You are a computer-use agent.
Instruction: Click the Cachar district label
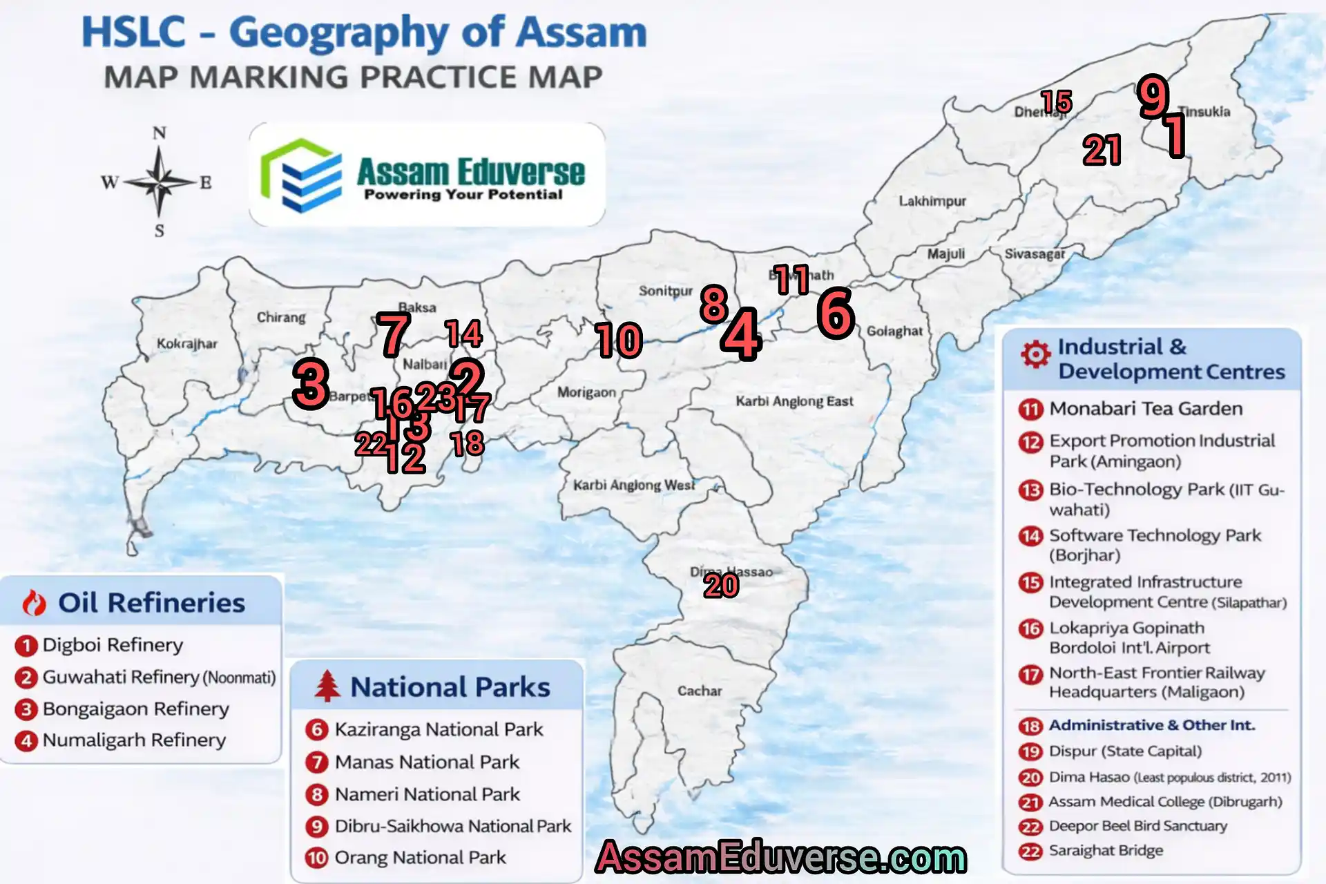(699, 691)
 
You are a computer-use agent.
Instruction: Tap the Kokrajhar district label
(186, 343)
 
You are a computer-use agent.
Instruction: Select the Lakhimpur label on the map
(932, 201)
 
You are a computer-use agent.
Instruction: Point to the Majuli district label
(945, 253)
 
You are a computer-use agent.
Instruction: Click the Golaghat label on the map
(894, 331)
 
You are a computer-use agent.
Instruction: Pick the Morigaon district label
(586, 392)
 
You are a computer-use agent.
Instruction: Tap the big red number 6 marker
(836, 313)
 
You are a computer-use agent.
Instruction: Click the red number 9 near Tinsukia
(1153, 96)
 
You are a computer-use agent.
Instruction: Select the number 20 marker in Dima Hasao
(721, 586)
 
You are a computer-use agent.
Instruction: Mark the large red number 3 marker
(310, 384)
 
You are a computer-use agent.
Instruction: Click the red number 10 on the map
(619, 340)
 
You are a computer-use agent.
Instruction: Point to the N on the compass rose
(159, 133)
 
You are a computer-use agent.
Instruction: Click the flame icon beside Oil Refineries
(34, 603)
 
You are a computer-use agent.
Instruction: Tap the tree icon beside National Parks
(327, 686)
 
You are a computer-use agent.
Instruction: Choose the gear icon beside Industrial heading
(1035, 354)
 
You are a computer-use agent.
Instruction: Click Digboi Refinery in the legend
(113, 645)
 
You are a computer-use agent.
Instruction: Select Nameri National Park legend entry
(427, 794)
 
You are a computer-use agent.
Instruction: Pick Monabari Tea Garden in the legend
(1145, 409)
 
